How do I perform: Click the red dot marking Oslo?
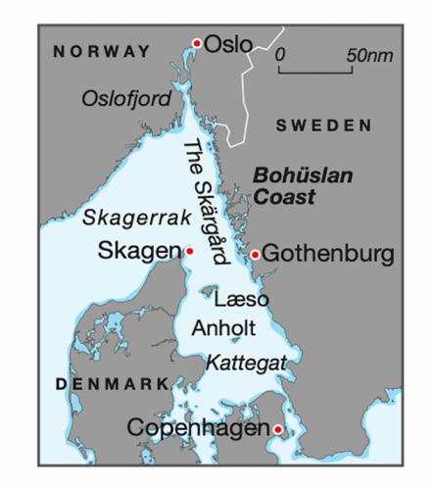tap(197, 43)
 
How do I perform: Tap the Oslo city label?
tap(228, 43)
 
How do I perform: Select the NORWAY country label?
tap(103, 50)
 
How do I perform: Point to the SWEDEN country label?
tap(324, 125)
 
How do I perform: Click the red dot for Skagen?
tap(189, 251)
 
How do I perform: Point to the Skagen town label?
tap(140, 251)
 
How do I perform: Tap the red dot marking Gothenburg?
tap(255, 255)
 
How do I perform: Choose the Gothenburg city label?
tap(327, 255)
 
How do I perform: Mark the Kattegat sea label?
tap(246, 362)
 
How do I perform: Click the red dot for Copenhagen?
tap(278, 429)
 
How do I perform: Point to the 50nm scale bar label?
tap(367, 54)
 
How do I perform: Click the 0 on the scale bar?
tap(280, 54)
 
